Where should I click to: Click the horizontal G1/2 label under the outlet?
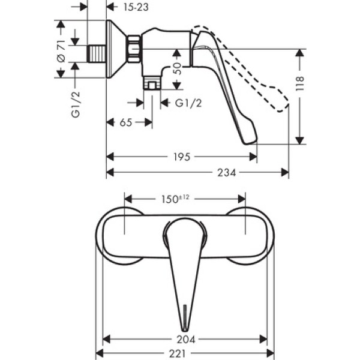[x=188, y=103]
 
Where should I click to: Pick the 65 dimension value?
[x=126, y=122]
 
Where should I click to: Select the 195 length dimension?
[x=182, y=157]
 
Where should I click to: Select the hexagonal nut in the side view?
[x=133, y=49]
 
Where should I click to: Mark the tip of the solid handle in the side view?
[x=251, y=141]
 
